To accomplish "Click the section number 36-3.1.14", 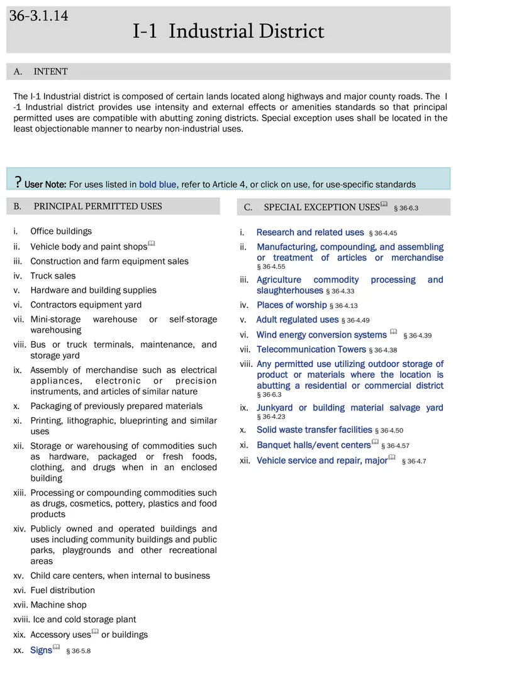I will coord(39,16).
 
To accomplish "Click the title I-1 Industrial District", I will coord(228,31).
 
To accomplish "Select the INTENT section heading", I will coord(50,72).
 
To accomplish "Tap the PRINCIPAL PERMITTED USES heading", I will coord(98,206).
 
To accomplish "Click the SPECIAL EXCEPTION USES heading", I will coord(321,207).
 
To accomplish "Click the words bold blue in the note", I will coord(158,184).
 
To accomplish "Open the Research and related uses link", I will coord(310,233).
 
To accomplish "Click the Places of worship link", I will coord(291,305).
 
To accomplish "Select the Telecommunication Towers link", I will coord(311,349).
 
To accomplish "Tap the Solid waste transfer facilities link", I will coord(314,430).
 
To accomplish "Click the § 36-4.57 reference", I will coord(398,446).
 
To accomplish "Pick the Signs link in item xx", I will coord(41,650).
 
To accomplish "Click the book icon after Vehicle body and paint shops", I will coord(151,244).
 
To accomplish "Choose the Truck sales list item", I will coord(53,276).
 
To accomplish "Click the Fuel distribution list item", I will coord(62,590).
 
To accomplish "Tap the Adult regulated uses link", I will coord(297,319).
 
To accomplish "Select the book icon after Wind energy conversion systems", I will coord(393,332).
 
